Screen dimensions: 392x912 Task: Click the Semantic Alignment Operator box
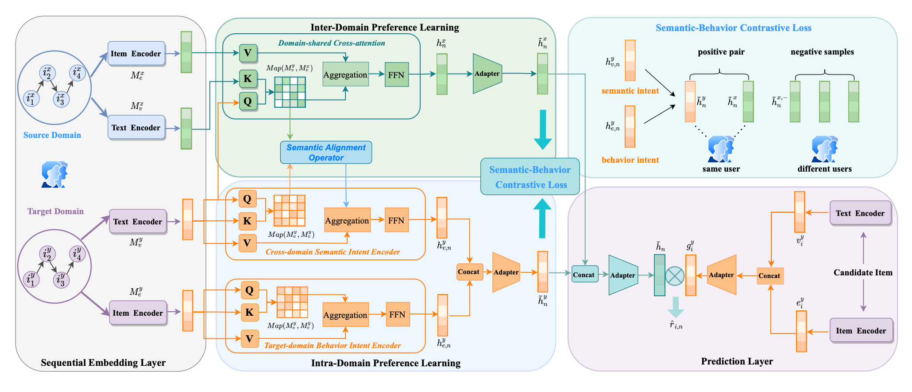(326, 152)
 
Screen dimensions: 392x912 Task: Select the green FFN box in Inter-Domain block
(396, 74)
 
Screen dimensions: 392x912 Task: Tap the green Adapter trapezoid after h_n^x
(487, 74)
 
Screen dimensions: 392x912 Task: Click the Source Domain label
(52, 135)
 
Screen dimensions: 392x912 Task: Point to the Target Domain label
(55, 212)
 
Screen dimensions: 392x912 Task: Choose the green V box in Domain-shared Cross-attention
(248, 53)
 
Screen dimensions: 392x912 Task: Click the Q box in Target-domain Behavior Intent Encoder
(250, 290)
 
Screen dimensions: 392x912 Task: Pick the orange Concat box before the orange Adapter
(469, 272)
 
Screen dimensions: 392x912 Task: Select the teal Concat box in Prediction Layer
(584, 274)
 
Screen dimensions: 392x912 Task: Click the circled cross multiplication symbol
(675, 276)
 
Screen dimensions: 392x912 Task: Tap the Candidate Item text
(863, 273)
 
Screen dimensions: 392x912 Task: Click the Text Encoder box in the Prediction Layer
(860, 213)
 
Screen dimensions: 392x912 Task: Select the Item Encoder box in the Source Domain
(136, 54)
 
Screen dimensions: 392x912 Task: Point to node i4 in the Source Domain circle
(77, 72)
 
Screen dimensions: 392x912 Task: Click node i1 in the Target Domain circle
(31, 279)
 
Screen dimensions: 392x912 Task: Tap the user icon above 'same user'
(721, 149)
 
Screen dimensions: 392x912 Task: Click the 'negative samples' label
(822, 52)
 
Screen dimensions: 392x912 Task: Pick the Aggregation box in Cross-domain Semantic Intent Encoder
(347, 220)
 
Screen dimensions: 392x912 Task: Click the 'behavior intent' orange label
(630, 160)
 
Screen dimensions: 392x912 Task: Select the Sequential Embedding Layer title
(103, 363)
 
